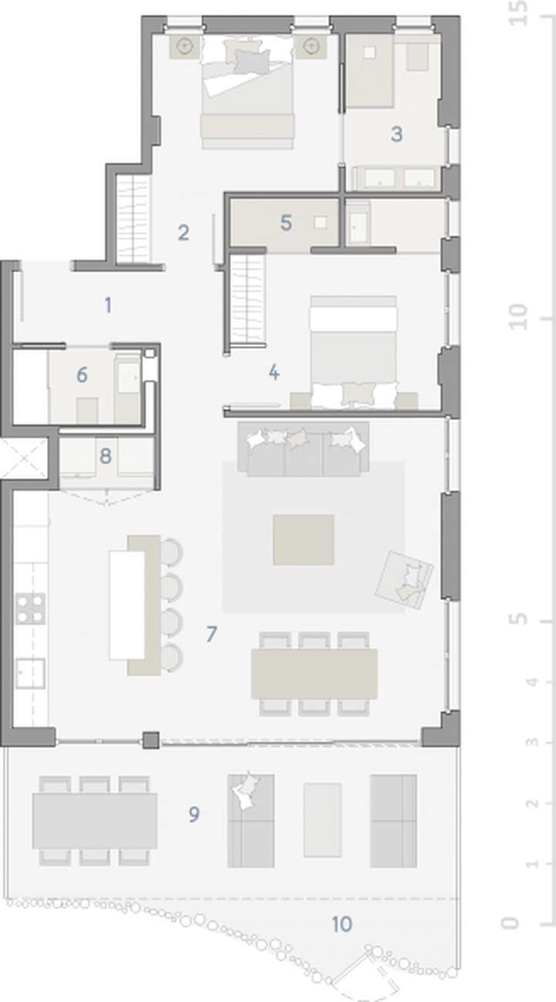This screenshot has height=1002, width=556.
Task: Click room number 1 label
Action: tap(107, 305)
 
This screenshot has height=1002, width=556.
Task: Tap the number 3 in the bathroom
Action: tap(396, 134)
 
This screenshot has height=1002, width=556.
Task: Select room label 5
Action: tap(286, 223)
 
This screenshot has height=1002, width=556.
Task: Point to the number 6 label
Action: tap(82, 374)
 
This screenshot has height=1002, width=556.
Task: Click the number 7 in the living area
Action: tap(212, 634)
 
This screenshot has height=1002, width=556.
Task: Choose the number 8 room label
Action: tap(106, 456)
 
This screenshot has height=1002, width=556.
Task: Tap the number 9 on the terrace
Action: tap(194, 814)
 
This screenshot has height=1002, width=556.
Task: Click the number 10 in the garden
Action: tap(342, 924)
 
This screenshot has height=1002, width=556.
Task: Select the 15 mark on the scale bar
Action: tap(518, 13)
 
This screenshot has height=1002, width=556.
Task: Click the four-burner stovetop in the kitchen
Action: tap(30, 608)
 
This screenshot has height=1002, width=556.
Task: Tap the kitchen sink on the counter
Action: tap(30, 673)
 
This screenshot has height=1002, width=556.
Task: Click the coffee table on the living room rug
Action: tap(303, 540)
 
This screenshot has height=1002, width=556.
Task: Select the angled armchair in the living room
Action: tap(404, 580)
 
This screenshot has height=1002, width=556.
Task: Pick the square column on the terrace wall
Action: tap(151, 741)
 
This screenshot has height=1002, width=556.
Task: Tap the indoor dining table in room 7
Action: tap(314, 674)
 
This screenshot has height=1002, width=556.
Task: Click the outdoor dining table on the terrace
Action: tap(95, 821)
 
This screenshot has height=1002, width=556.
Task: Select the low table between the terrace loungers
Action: tap(322, 820)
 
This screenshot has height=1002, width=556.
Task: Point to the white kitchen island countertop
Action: tap(127, 605)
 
